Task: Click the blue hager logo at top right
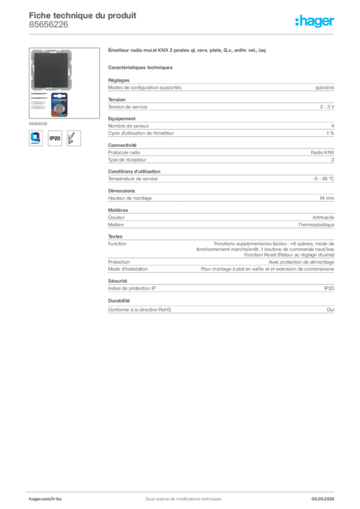click(x=315, y=22)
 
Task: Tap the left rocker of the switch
click(x=42, y=71)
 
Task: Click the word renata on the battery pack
click(x=60, y=98)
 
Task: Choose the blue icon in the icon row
click(x=35, y=138)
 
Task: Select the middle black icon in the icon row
click(x=55, y=138)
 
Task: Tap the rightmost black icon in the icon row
click(x=75, y=138)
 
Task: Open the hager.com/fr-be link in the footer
click(x=49, y=498)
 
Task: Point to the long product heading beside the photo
click(x=187, y=51)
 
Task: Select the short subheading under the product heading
click(x=141, y=67)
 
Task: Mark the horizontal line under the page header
click(x=182, y=34)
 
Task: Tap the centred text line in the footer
click(x=180, y=497)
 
